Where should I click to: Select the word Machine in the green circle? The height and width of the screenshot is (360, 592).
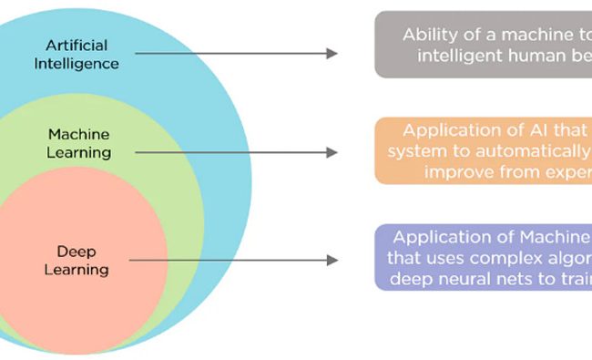78,133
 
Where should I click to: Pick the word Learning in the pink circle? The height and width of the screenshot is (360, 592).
79,269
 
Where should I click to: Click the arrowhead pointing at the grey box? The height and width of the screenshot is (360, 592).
332,54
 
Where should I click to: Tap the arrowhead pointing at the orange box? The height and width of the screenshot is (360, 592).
332,151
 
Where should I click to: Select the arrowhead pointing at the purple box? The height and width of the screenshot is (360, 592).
332,260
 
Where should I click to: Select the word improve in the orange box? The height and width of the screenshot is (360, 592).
464,170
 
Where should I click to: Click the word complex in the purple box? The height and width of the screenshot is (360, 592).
497,259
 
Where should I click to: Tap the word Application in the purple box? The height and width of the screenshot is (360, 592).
444,239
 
